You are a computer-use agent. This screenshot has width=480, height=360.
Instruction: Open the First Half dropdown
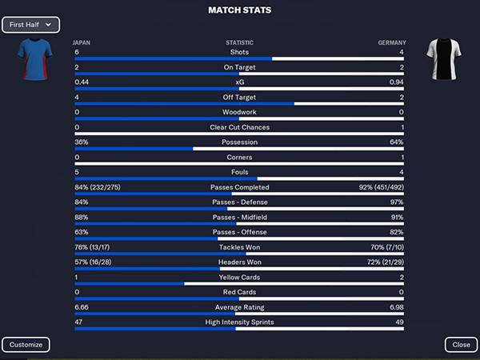tap(30, 25)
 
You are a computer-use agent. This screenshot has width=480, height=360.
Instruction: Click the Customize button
tap(26, 345)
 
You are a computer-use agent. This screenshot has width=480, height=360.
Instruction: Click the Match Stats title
tap(239, 10)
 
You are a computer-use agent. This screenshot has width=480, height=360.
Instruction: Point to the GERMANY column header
tap(391, 42)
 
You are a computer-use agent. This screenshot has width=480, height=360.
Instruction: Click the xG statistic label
tap(239, 82)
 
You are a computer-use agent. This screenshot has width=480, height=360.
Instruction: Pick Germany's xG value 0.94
tap(395, 82)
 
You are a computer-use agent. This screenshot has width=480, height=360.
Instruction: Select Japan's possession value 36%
tap(82, 142)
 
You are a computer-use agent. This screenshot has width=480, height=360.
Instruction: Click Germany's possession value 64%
tap(397, 142)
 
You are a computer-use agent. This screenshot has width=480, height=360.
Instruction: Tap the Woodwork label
tap(239, 112)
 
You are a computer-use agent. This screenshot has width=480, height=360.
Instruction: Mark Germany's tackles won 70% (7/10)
tap(382, 247)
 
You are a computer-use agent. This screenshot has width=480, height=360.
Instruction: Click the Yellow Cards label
tap(239, 278)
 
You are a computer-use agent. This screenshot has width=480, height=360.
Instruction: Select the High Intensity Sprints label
tap(239, 322)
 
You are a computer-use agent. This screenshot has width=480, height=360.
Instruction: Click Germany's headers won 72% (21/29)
tap(380, 262)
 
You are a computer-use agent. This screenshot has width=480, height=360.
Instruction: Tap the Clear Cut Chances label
tap(239, 127)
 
